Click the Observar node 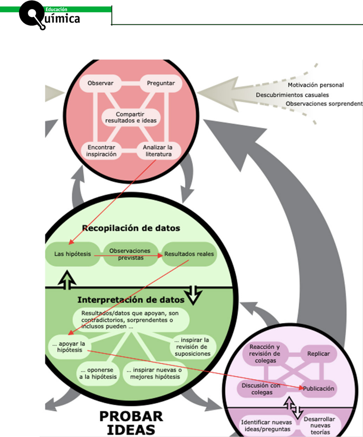[101, 83]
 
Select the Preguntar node [161, 83]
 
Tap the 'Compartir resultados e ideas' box [131, 117]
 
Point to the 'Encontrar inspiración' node [101, 151]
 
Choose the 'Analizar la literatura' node [158, 151]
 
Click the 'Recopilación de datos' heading [131, 228]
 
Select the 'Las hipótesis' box [73, 254]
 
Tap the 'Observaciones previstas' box [130, 254]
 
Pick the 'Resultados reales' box [189, 254]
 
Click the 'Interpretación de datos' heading [131, 300]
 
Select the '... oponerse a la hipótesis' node [98, 373]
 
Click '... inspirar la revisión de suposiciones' [192, 347]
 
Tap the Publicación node [318, 388]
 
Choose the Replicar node [318, 354]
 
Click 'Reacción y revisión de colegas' [265, 354]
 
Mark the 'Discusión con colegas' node [261, 389]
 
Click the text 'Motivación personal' [316, 85]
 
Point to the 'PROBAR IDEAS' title [131, 423]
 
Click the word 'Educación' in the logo [56, 9]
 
